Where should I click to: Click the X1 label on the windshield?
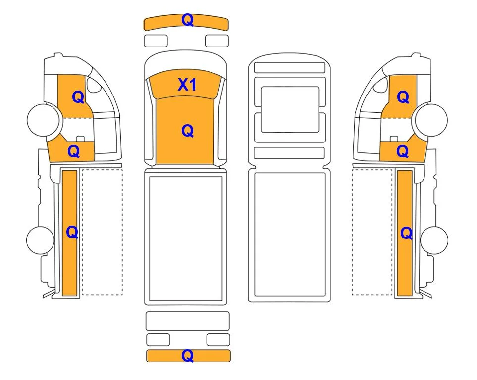coord(187,85)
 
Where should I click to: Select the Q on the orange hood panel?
coord(187,131)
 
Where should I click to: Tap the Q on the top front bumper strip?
coord(187,20)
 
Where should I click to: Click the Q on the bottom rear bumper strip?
coord(187,355)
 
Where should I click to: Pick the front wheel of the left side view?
coord(43,120)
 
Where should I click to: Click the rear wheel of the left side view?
coord(41,240)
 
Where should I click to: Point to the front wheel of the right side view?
coord(431,120)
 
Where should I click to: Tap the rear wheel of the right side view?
coord(434,240)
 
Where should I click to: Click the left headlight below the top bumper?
coord(156,41)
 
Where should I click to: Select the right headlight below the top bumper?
coord(217,41)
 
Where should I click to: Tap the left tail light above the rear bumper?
coord(158,340)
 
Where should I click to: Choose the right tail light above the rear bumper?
coord(218,340)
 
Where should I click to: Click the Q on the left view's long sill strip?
coord(72,233)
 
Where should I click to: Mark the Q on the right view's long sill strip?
coord(407,233)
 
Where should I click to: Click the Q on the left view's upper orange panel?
coord(78,97)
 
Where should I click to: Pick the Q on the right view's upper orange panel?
coord(403,97)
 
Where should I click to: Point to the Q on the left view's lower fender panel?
coord(74,151)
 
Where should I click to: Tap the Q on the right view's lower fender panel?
coord(403,151)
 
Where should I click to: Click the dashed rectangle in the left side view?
coord(102,232)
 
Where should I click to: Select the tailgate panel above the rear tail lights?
coord(187,321)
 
